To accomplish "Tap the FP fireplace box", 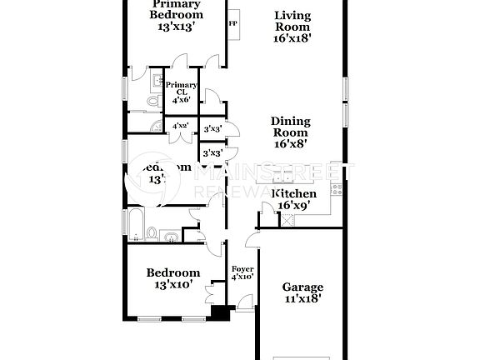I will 233,23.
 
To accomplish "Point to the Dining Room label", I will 290,132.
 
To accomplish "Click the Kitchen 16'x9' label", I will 293,199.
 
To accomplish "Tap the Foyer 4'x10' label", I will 242,273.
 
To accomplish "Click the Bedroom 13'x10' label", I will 173,278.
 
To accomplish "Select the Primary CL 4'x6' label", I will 181,92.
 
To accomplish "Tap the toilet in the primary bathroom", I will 152,101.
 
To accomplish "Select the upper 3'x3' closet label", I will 211,128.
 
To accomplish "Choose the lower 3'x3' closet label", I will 211,153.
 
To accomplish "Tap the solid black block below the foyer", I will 220,312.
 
